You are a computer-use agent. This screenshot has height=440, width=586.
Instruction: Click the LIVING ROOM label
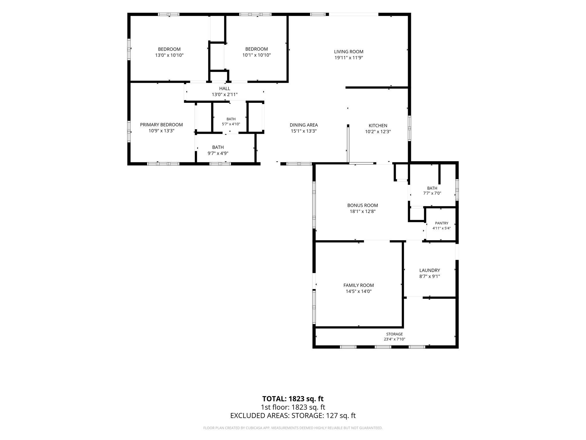(x=349, y=52)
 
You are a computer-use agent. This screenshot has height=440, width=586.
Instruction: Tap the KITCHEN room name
(x=378, y=125)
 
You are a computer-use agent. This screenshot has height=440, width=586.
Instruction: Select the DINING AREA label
(x=304, y=125)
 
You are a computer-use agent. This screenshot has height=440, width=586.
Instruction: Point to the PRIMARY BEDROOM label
(x=161, y=125)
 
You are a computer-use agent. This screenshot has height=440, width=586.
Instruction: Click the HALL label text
(x=225, y=89)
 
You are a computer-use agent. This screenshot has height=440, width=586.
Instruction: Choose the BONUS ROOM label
(x=363, y=205)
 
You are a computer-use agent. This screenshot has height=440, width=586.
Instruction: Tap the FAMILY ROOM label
(x=359, y=285)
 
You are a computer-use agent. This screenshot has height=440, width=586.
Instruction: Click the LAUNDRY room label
(x=429, y=270)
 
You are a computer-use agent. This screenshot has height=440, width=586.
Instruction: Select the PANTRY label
(x=442, y=223)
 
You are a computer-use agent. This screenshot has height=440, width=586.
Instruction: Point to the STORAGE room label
(x=394, y=334)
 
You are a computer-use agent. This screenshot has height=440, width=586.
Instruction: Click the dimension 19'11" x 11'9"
(x=349, y=58)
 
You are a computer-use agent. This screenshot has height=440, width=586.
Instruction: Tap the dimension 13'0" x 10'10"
(x=169, y=55)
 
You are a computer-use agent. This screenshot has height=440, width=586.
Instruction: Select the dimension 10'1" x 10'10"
(x=256, y=55)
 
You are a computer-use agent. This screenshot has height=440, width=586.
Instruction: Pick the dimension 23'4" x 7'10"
(x=394, y=339)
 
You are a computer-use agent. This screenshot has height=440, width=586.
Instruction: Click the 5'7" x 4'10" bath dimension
(x=231, y=124)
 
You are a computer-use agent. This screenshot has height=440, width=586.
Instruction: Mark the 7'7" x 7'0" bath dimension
(x=432, y=193)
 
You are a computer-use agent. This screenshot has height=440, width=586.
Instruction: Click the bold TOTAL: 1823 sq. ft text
(x=293, y=399)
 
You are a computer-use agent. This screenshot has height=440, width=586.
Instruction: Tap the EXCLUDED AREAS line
(x=293, y=416)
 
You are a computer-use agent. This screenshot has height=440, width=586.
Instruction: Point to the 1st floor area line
(x=293, y=407)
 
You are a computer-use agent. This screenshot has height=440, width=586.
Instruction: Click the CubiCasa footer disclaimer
(x=293, y=428)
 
